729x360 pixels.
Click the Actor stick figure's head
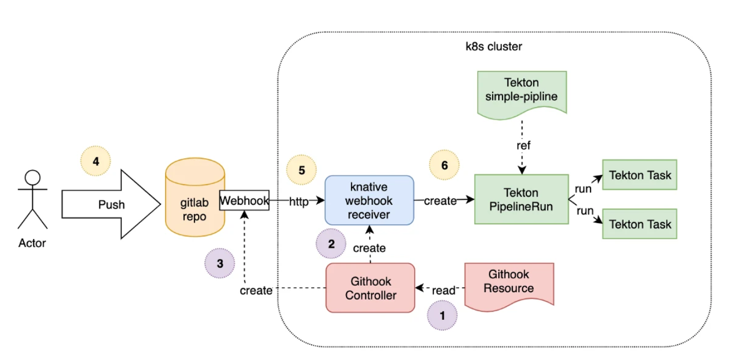point(33,178)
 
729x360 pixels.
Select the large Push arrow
point(111,204)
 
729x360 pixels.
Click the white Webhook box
point(244,201)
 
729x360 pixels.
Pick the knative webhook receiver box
point(369,200)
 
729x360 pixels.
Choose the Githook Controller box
point(370,288)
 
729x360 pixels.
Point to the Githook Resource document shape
point(509,282)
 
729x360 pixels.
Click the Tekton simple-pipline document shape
point(521,90)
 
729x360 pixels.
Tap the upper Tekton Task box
point(640,175)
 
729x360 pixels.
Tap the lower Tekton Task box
point(640,224)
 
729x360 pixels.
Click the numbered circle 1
point(442,315)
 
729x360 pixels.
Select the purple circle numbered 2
point(331,243)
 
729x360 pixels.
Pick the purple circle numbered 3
point(219,264)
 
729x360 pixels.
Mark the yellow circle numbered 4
point(96,161)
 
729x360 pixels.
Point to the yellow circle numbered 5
point(301,169)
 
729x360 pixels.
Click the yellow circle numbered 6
point(444,165)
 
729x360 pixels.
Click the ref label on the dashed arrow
point(523,146)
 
